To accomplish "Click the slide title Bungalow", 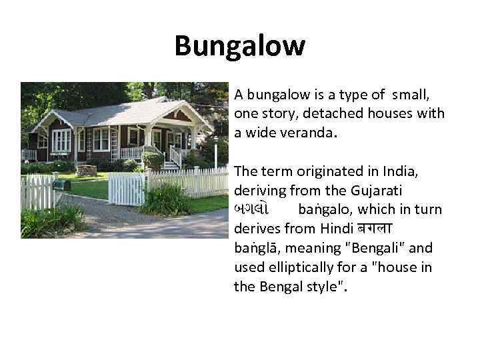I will (239, 47).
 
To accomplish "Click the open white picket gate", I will (127, 189).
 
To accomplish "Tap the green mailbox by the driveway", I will (61, 183).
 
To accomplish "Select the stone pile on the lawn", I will (87, 170).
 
